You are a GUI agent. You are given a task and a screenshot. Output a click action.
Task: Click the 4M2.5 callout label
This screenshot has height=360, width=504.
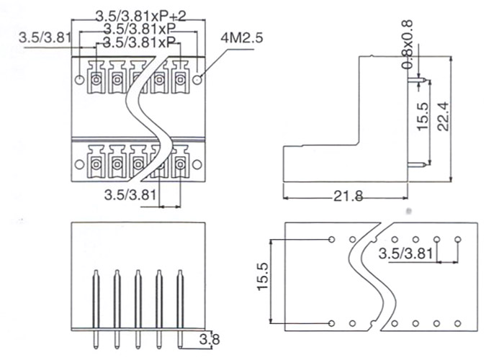[242, 38]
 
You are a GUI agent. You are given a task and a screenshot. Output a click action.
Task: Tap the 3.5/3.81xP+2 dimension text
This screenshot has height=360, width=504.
[141, 16]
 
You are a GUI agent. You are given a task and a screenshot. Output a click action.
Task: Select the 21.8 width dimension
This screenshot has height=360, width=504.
[348, 196]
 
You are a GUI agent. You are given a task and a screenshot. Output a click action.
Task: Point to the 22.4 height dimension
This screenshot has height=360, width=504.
[443, 116]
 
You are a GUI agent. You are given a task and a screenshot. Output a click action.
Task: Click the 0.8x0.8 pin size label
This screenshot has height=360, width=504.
[408, 45]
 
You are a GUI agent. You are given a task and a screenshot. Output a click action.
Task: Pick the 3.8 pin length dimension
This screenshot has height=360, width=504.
[210, 339]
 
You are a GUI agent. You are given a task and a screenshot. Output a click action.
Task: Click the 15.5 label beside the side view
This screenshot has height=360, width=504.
[423, 116]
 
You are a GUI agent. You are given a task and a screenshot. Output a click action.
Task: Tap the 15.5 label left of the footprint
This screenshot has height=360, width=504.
[263, 276]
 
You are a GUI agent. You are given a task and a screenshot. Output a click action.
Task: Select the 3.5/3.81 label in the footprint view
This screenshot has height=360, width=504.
[405, 253]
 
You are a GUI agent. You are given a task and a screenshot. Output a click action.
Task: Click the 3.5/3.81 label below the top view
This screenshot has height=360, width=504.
[130, 195]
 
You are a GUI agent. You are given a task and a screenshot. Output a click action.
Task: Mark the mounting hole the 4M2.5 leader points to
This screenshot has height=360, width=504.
[197, 79]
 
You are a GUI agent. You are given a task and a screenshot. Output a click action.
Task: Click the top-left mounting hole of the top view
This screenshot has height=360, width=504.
[79, 79]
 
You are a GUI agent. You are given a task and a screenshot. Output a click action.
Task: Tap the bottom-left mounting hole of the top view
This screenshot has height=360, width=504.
[79, 165]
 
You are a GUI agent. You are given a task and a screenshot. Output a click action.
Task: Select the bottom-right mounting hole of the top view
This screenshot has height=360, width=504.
[197, 165]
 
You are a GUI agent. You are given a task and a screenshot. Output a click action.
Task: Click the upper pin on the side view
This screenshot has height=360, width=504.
[417, 79]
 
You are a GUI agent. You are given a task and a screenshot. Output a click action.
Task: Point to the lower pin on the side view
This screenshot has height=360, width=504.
[417, 165]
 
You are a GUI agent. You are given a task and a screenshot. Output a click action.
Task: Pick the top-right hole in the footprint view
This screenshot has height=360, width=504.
[458, 240]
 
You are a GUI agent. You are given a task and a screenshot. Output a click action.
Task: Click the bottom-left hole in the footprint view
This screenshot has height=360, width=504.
[332, 323]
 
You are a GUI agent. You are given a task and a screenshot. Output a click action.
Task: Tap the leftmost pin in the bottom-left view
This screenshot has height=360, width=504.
[96, 309]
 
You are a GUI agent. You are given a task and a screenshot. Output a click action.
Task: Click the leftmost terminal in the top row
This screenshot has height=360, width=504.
[96, 78]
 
